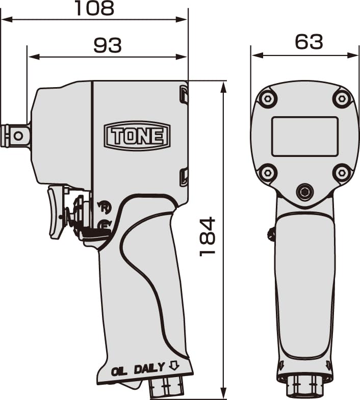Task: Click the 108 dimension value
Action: coord(94,9)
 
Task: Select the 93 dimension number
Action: coord(108,45)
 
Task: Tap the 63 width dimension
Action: coord(309,42)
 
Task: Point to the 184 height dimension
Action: coord(208,236)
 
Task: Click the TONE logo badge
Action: coord(137,136)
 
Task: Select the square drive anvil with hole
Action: coord(16,136)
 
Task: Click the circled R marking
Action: coord(105,207)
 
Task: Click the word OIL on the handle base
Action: coord(119,370)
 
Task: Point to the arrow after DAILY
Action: coord(173,366)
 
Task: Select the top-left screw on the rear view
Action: coord(267,98)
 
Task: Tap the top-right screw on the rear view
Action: coord(342,98)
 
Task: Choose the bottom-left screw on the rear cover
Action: coord(267,173)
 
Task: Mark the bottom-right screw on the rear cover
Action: coord(342,173)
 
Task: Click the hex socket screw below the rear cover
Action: coord(305,192)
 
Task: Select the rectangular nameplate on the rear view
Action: coord(305,136)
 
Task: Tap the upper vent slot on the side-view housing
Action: coord(183,95)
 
